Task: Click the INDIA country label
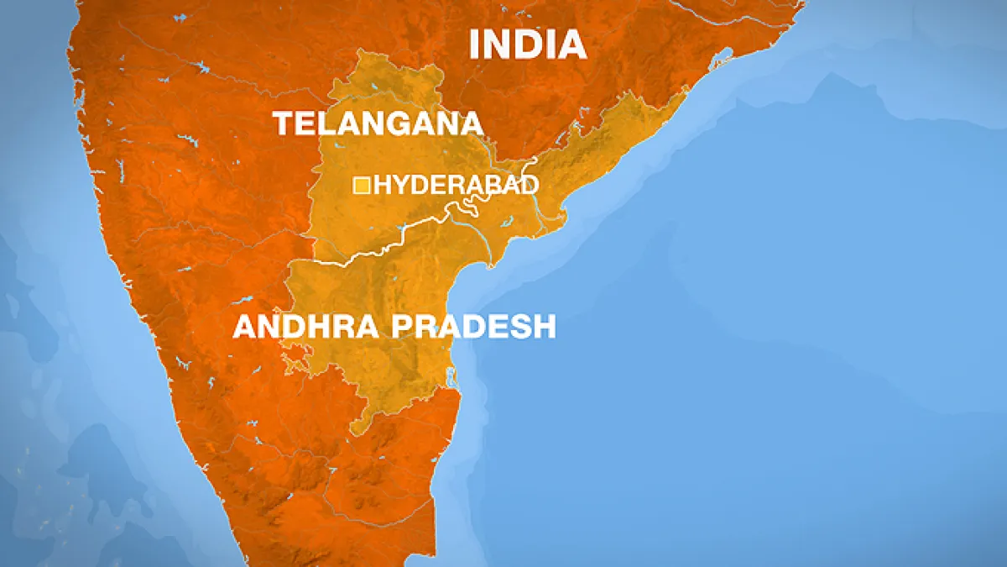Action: pos(527,44)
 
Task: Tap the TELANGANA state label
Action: pos(378,123)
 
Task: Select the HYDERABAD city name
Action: pos(456,186)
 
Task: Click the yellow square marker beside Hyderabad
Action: pos(362,185)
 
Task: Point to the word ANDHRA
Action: pos(307,326)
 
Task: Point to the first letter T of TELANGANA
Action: pos(283,123)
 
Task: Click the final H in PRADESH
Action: pos(545,326)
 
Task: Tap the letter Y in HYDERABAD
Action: pos(398,186)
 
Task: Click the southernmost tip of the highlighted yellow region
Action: pos(357,433)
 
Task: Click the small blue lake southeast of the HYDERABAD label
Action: pos(509,222)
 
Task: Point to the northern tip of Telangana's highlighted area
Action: pos(364,52)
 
